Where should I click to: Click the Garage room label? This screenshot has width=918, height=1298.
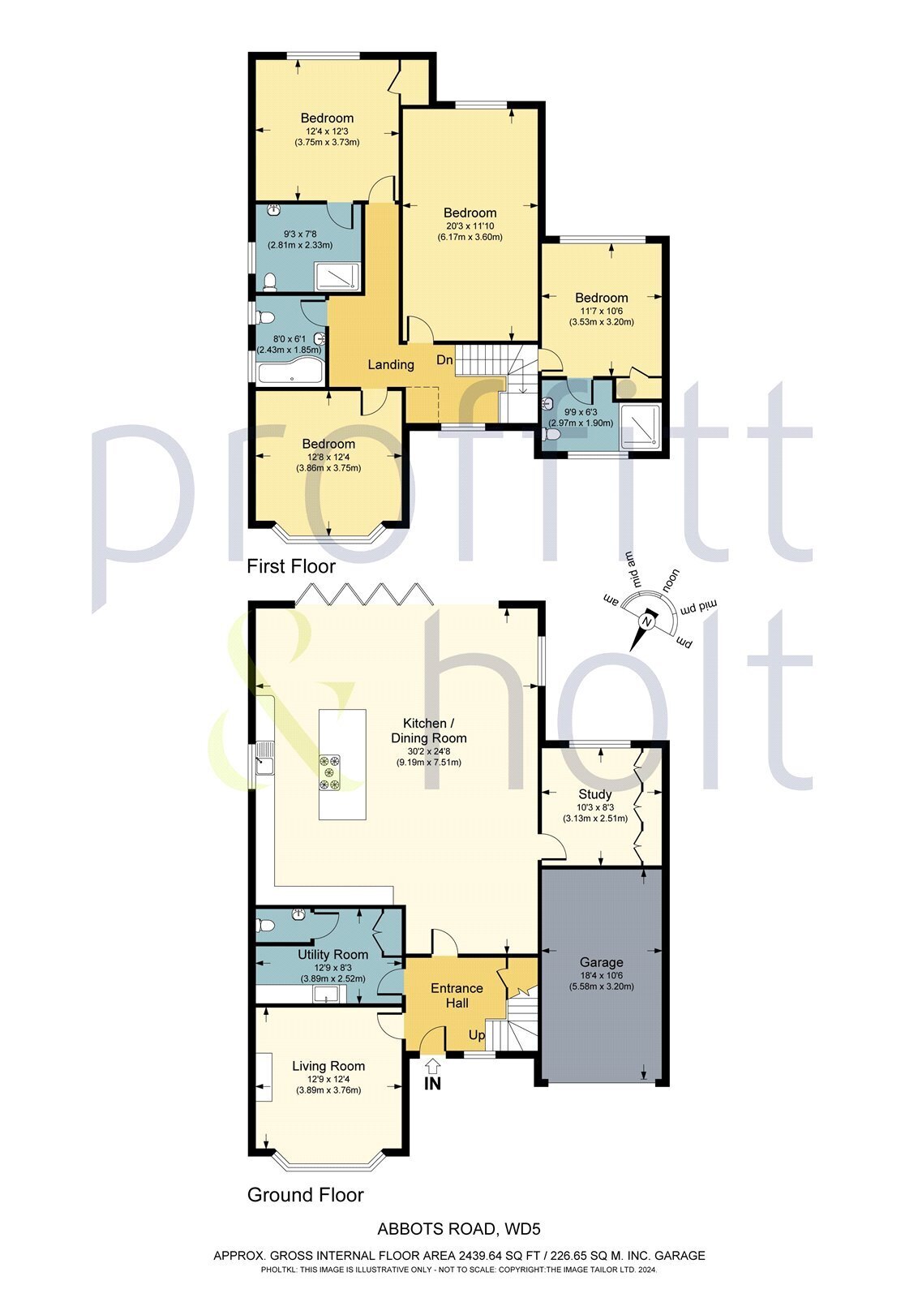click(601, 962)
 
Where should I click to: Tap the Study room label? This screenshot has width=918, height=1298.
click(594, 794)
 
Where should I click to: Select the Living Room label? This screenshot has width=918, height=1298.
click(328, 1066)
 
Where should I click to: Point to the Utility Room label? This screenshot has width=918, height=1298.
click(332, 955)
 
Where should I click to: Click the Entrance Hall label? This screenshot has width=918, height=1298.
click(457, 995)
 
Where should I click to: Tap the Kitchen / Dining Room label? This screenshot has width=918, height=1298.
click(429, 730)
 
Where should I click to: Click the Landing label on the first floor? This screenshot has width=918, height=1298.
click(391, 365)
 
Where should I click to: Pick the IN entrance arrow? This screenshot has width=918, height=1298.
click(433, 1069)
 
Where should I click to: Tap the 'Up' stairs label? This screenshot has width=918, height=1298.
click(477, 1036)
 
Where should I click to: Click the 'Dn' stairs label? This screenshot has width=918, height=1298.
click(444, 360)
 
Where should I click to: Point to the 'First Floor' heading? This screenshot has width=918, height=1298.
click(291, 566)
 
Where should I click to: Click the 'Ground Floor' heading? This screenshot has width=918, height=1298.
click(305, 1195)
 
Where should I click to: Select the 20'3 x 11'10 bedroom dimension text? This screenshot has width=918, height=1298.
click(470, 226)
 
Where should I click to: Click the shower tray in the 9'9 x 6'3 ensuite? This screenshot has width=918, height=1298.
click(640, 427)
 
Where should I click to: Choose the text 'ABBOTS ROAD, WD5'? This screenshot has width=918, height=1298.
click(459, 1230)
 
